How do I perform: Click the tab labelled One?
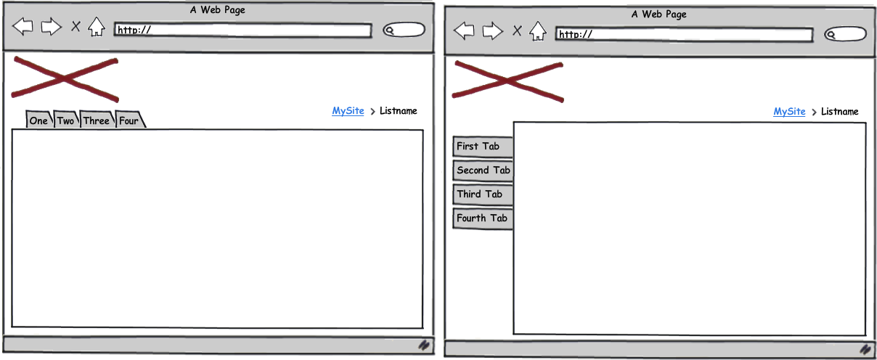(38, 119)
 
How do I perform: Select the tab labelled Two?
(66, 119)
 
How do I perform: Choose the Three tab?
(97, 119)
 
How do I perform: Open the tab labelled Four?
(130, 119)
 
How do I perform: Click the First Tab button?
(483, 147)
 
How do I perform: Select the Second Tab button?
(483, 171)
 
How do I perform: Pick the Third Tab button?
(483, 195)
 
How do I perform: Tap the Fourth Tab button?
(483, 218)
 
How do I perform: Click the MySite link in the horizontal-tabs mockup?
(348, 111)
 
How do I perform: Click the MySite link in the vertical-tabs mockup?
(789, 112)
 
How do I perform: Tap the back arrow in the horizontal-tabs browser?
(23, 27)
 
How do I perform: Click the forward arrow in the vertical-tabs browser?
(492, 31)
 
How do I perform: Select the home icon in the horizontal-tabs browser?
(97, 27)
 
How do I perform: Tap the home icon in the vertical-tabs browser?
(538, 31)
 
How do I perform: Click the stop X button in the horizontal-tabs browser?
(76, 27)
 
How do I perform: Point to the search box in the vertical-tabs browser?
(845, 34)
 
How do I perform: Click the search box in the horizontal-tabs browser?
(404, 30)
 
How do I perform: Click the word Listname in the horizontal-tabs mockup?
(398, 111)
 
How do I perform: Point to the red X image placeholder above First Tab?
(507, 81)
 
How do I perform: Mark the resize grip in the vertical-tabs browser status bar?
(865, 348)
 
